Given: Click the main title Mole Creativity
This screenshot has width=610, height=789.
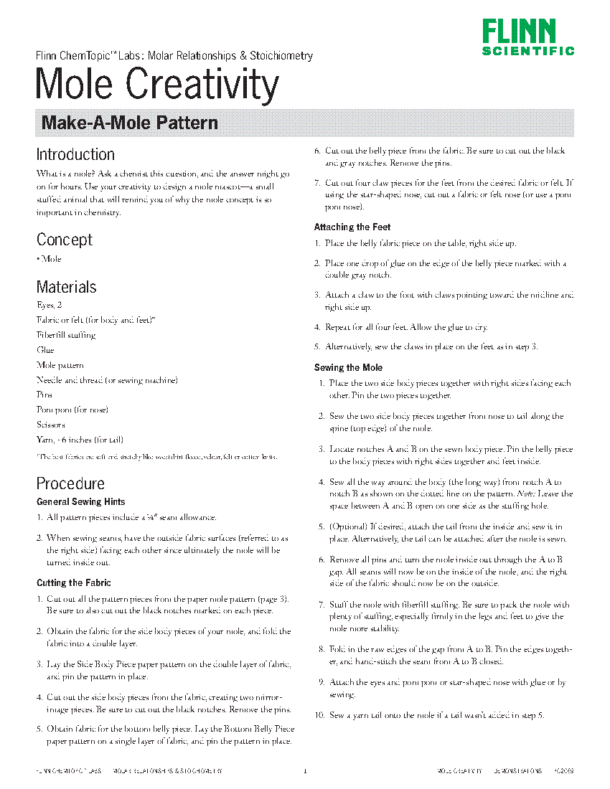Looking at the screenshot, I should pyautogui.click(x=157, y=84).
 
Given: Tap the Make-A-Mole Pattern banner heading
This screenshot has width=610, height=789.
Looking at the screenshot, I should pyautogui.click(x=130, y=123).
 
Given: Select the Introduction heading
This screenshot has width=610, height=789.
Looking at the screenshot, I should pyautogui.click(x=75, y=154).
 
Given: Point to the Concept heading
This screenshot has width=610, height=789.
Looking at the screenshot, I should pyautogui.click(x=65, y=240).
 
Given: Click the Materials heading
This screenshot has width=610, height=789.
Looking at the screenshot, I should pyautogui.click(x=66, y=287).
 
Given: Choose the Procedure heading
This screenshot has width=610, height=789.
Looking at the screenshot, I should pyautogui.click(x=70, y=483).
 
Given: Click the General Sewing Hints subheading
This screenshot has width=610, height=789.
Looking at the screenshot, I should pyautogui.click(x=80, y=501).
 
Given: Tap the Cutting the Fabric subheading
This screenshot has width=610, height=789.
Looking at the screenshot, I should pyautogui.click(x=74, y=583).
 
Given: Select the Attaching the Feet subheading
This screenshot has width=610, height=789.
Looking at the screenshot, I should pyautogui.click(x=352, y=227).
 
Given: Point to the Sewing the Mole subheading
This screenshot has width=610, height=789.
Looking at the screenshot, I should pyautogui.click(x=348, y=367).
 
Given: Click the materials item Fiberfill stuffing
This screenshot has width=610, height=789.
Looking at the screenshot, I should pyautogui.click(x=66, y=335).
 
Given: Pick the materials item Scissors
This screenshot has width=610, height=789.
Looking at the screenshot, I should pyautogui.click(x=51, y=425).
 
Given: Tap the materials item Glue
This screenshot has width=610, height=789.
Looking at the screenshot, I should pyautogui.click(x=45, y=350).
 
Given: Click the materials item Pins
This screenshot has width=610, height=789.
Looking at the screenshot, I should pyautogui.click(x=44, y=394).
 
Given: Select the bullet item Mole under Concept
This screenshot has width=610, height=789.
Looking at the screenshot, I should pyautogui.click(x=51, y=259).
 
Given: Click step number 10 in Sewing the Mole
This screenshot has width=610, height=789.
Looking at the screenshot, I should pyautogui.click(x=320, y=715).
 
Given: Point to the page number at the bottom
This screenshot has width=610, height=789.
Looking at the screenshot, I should pyautogui.click(x=305, y=771).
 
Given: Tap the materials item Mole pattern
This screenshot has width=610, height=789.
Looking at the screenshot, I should pyautogui.click(x=60, y=365).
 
